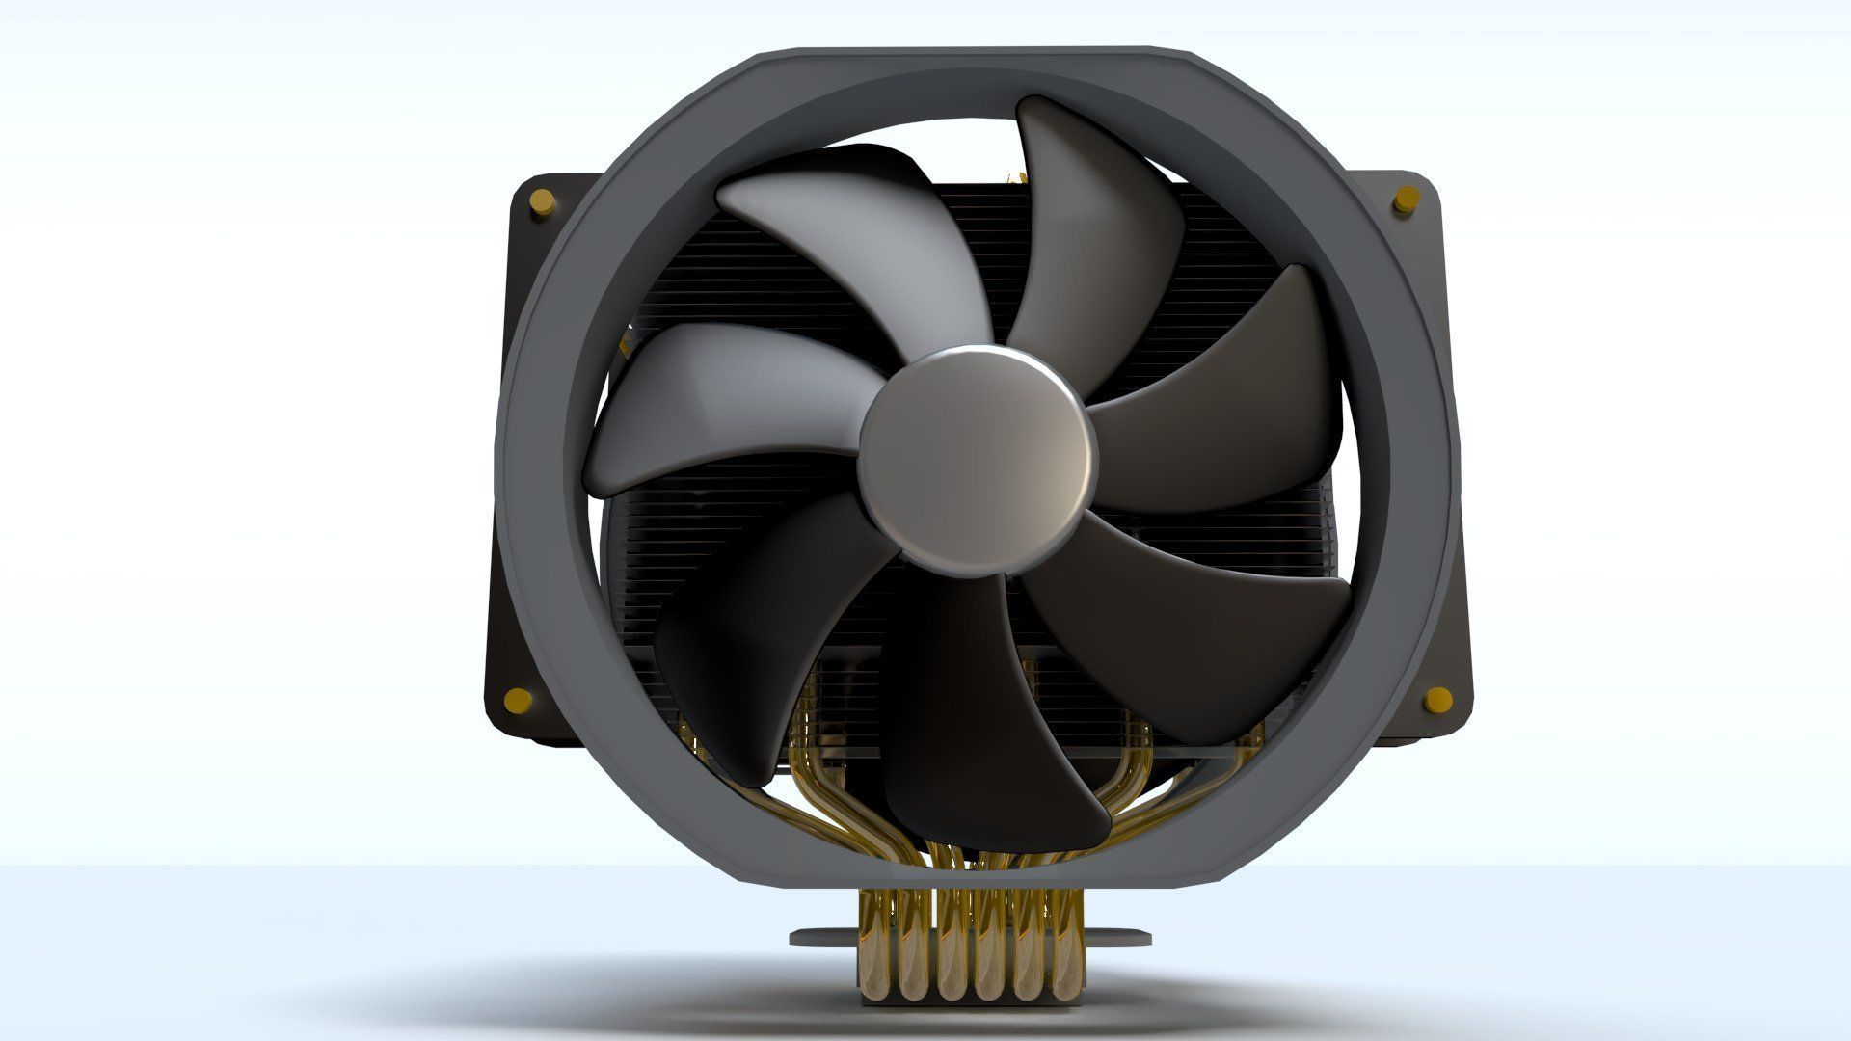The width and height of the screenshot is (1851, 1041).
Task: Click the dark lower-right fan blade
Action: (x=1195, y=617)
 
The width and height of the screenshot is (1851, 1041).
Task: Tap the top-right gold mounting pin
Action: (x=1404, y=203)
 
